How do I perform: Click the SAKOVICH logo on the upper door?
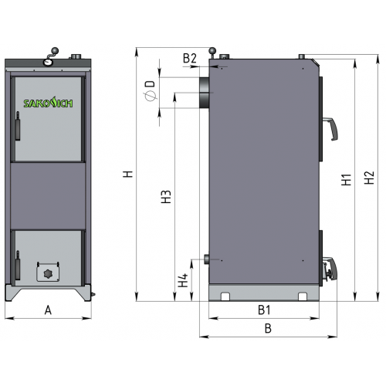[x=48, y=103]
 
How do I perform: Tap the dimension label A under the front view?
[x=48, y=310]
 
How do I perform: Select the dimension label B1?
[x=264, y=310]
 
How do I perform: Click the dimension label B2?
[x=190, y=59]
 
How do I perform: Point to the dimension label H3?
[x=166, y=197]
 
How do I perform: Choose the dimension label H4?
[x=183, y=280]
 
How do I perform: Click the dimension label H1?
[x=347, y=180]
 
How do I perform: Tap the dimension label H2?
[x=369, y=178]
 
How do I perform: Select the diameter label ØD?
[x=151, y=90]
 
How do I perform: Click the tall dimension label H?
[x=128, y=174]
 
